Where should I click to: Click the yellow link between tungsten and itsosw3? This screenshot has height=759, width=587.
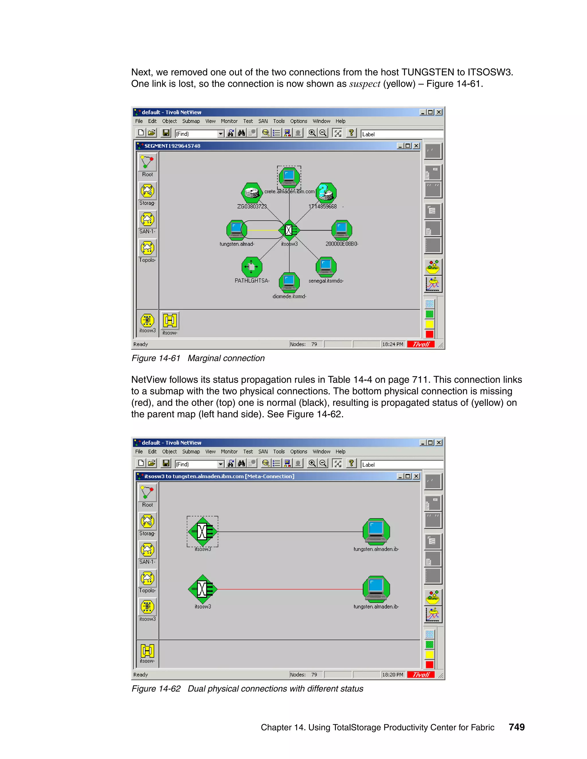pos(263,230)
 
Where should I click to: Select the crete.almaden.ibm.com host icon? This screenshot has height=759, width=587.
pos(289,176)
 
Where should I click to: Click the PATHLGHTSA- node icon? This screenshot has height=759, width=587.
pos(252,267)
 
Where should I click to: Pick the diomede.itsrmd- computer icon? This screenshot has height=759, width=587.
pos(289,282)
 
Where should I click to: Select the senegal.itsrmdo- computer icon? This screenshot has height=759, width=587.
pos(326,267)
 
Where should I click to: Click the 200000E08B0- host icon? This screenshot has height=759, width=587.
pos(341,230)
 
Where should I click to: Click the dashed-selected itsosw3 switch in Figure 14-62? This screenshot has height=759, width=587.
pos(203,531)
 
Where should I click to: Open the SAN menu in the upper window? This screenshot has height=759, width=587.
pos(263,121)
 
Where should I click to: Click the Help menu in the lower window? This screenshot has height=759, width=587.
pos(340,452)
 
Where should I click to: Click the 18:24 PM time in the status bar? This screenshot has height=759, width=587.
pos(392,344)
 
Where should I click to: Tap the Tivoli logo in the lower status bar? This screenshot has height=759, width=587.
pos(421,675)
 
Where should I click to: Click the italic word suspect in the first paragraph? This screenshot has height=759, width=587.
pos(365,84)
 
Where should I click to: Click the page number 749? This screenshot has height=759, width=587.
pos(516,727)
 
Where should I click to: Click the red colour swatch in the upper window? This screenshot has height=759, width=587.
pos(429,334)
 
